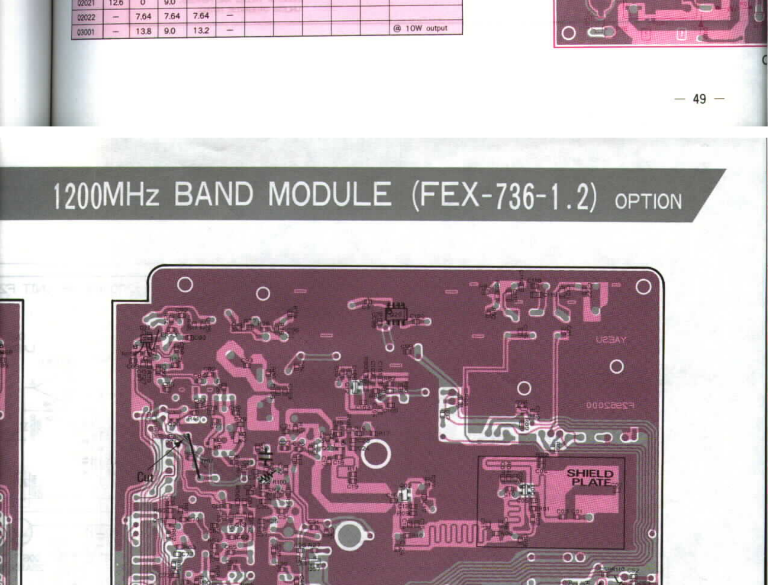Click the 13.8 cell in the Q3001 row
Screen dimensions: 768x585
tap(143, 31)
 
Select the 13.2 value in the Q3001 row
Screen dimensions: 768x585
tap(201, 30)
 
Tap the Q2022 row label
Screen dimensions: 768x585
tap(86, 17)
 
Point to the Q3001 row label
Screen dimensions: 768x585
tap(85, 32)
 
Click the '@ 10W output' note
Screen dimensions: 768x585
tap(421, 28)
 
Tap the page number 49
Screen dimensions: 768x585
tap(699, 99)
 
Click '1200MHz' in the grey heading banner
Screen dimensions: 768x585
tap(106, 196)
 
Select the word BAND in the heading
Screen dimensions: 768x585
tap(213, 194)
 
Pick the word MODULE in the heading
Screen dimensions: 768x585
tap(330, 194)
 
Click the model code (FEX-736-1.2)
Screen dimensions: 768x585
tap(504, 196)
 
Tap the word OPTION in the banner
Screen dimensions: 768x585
tap(648, 202)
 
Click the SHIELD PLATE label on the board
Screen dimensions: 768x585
tap(590, 477)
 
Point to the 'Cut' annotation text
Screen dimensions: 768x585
tap(145, 476)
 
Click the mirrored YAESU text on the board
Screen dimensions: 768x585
tap(611, 339)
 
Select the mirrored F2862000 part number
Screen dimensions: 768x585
tap(610, 405)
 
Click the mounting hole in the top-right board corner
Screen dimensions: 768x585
tap(643, 287)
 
